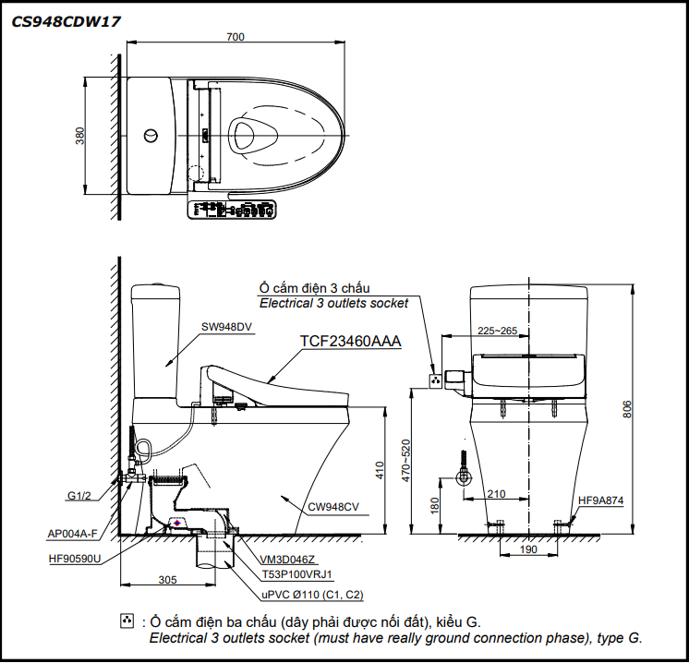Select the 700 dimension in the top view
pos(236,37)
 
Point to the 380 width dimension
pos(80,136)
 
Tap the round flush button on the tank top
pos(151,136)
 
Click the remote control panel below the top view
pos(231,210)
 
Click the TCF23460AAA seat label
pos(350,341)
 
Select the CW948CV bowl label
pos(333,506)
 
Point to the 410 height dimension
pos(379,471)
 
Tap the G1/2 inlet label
pos(79,496)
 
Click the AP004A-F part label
pos(72,533)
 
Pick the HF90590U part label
pos(75,558)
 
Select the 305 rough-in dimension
pos(166,579)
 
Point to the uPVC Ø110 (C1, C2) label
pos(310,595)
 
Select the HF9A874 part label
pos(601,501)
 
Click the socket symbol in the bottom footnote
pos(127,621)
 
